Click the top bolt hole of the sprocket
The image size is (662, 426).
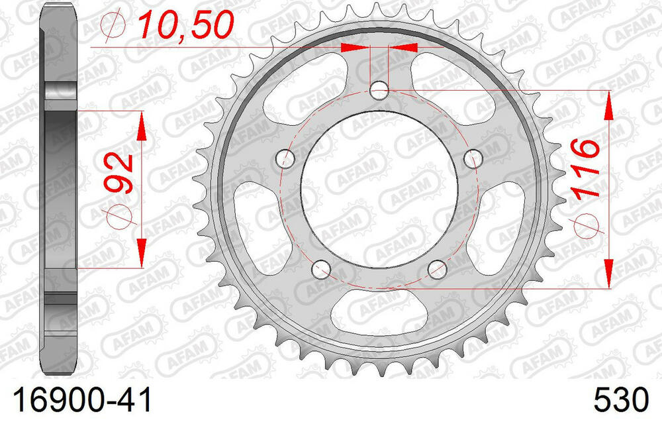click(379, 90)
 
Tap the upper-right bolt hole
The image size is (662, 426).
click(473, 158)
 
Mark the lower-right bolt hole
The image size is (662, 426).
click(437, 269)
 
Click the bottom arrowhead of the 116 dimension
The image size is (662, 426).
click(608, 273)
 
